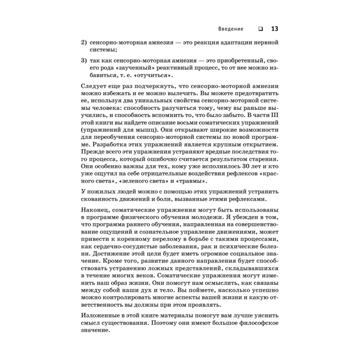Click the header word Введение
click(x=231, y=29)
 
